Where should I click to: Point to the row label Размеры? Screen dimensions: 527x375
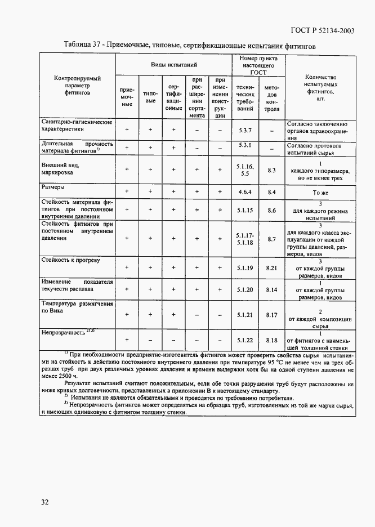point(52,186)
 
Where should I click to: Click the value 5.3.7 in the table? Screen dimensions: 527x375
point(245,130)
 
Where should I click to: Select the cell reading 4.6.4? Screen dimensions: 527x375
point(245,192)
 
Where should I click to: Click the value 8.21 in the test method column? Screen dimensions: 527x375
point(272,267)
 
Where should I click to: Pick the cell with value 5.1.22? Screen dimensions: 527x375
point(245,340)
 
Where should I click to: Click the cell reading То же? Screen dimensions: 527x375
point(320,193)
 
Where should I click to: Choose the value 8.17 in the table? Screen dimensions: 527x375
point(272,315)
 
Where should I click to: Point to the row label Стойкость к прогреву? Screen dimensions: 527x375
point(70,260)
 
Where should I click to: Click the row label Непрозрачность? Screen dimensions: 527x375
point(62,332)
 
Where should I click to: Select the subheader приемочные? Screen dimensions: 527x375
point(127,97)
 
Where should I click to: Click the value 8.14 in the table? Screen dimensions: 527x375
point(272,289)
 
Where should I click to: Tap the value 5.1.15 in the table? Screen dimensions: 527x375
point(245,209)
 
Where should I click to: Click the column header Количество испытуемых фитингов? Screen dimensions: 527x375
point(320,87)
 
